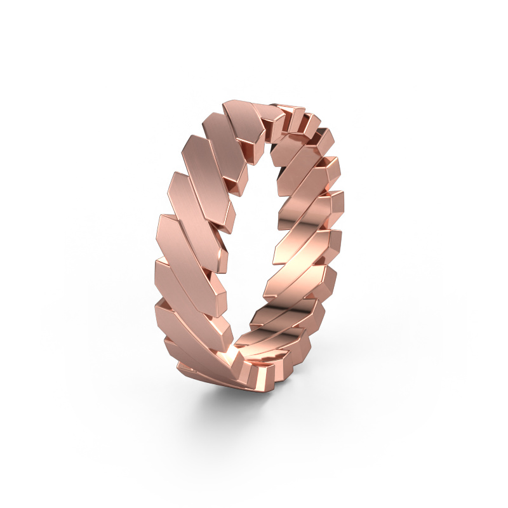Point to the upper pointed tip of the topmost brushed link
click(x=229, y=105)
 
